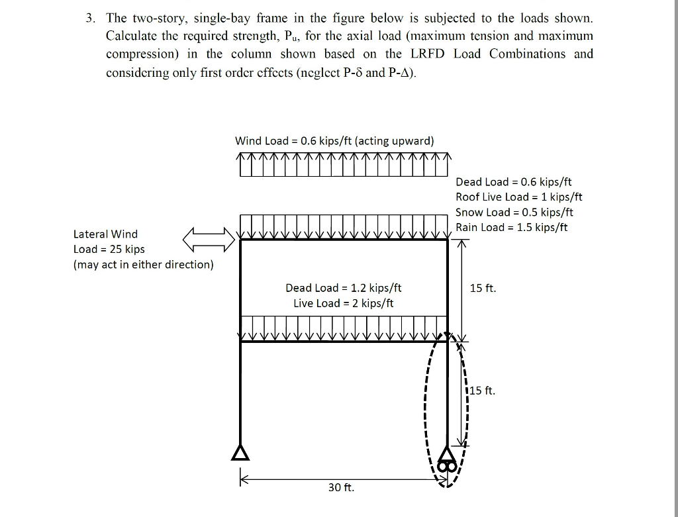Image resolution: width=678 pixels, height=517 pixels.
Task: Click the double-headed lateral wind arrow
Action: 209,240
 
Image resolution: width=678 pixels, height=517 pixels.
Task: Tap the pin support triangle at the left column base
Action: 240,453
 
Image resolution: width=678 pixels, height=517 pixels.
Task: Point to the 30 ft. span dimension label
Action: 341,488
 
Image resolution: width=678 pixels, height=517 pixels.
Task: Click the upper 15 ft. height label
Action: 483,288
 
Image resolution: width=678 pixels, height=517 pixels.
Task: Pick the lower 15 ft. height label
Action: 482,391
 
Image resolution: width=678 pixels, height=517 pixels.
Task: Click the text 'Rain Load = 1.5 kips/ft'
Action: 512,228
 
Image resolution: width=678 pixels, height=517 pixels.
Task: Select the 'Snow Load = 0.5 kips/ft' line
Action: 514,212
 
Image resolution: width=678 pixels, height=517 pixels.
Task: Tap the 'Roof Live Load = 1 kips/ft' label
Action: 518,197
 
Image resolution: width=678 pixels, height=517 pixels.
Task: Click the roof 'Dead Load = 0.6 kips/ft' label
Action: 513,182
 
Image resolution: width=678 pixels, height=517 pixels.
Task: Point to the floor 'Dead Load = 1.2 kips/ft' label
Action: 343,288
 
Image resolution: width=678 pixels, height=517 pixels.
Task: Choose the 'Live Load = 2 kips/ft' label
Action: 343,303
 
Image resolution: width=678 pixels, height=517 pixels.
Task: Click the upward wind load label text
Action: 334,141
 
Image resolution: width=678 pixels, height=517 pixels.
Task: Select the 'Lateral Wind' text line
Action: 105,234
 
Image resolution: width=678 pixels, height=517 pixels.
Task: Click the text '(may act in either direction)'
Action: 143,265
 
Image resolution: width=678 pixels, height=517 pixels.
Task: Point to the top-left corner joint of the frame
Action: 240,240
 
